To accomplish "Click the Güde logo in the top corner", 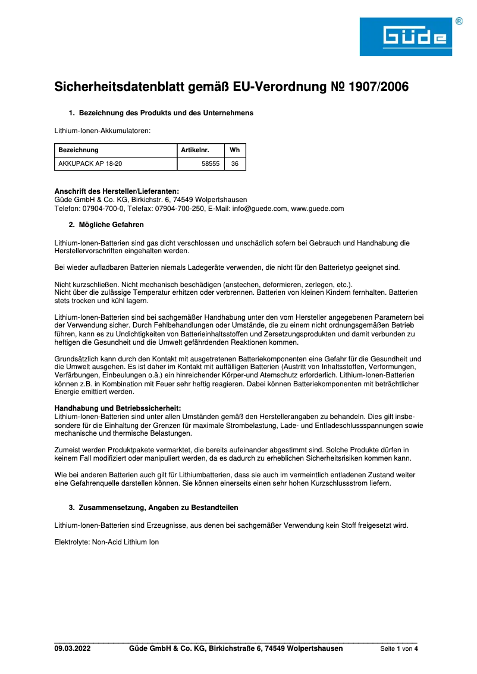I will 406,37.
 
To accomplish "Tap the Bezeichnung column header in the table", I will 79,150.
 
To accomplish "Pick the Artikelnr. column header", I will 195,150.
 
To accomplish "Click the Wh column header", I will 234,150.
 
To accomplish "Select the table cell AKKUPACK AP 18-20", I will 90,163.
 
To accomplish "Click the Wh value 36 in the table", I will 234,163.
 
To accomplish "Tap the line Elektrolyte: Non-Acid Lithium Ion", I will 107,542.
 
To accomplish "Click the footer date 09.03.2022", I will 73,648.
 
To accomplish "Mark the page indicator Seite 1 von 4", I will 399,649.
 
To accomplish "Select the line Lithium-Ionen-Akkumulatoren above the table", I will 102,130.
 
